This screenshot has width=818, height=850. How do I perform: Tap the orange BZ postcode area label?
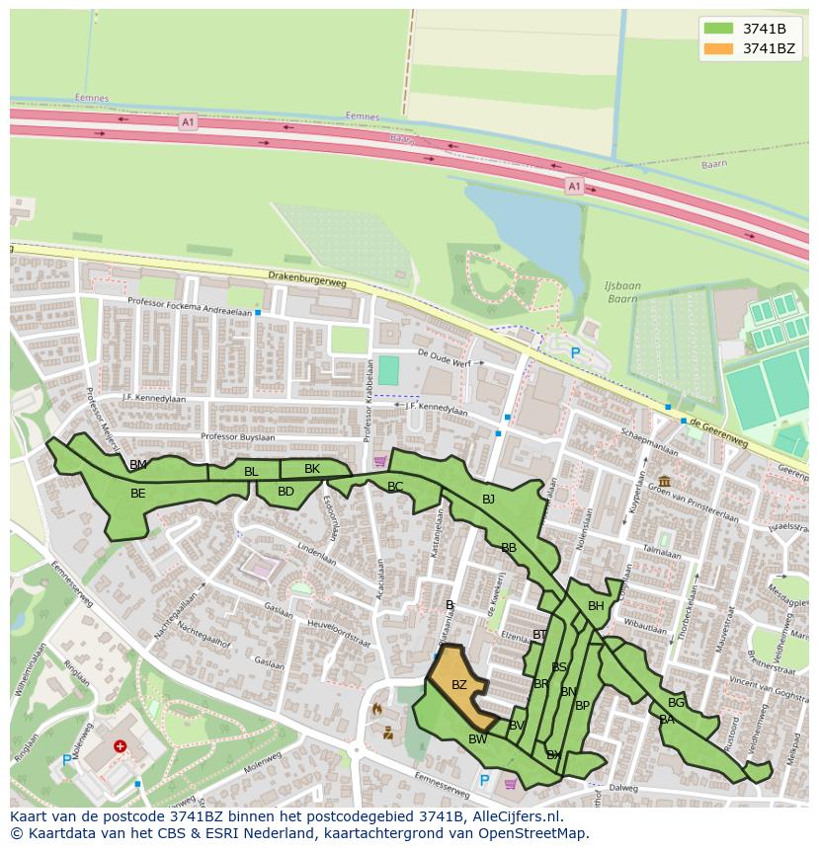(458, 685)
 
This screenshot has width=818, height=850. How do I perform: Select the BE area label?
(137, 494)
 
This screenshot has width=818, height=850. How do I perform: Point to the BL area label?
(251, 472)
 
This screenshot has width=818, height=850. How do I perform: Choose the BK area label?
(312, 469)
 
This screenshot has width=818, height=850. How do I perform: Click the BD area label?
(286, 492)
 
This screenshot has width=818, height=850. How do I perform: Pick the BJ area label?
(488, 500)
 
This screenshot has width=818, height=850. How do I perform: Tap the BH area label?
(596, 606)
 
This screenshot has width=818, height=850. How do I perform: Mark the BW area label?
(477, 739)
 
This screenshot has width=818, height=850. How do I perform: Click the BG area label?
(676, 703)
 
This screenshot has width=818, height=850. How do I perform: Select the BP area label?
(582, 706)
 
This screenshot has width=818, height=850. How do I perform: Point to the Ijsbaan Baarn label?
(622, 292)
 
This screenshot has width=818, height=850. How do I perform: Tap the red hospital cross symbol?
(121, 746)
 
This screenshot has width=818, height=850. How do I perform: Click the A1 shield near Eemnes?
(188, 122)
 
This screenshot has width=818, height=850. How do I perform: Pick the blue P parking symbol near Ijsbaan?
(575, 352)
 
